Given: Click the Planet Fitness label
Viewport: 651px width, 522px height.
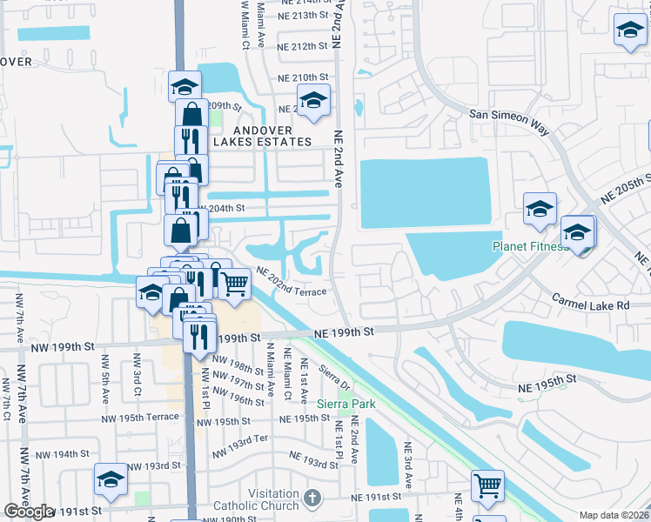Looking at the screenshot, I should coord(530,246).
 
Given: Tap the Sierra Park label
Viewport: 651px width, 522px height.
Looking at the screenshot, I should coord(345,404).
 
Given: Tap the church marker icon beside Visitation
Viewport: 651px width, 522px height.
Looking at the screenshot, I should coord(313,499).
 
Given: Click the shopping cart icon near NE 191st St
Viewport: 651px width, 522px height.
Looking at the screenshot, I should coord(487,485).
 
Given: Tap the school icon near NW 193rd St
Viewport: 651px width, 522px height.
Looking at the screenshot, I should coord(111,479).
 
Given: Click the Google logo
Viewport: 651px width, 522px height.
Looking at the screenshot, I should coord(29,512).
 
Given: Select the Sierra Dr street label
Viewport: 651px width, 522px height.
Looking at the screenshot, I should coord(334,378).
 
